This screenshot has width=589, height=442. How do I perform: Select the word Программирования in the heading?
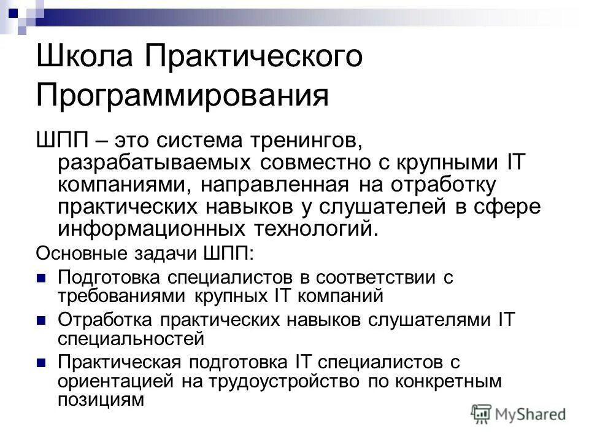(x=182, y=96)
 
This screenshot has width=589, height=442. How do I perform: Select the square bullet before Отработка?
(x=42, y=320)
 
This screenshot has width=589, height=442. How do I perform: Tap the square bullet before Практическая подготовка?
(x=42, y=362)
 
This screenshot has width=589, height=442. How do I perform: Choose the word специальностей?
(x=130, y=337)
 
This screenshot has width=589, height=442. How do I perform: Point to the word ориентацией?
(x=116, y=381)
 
